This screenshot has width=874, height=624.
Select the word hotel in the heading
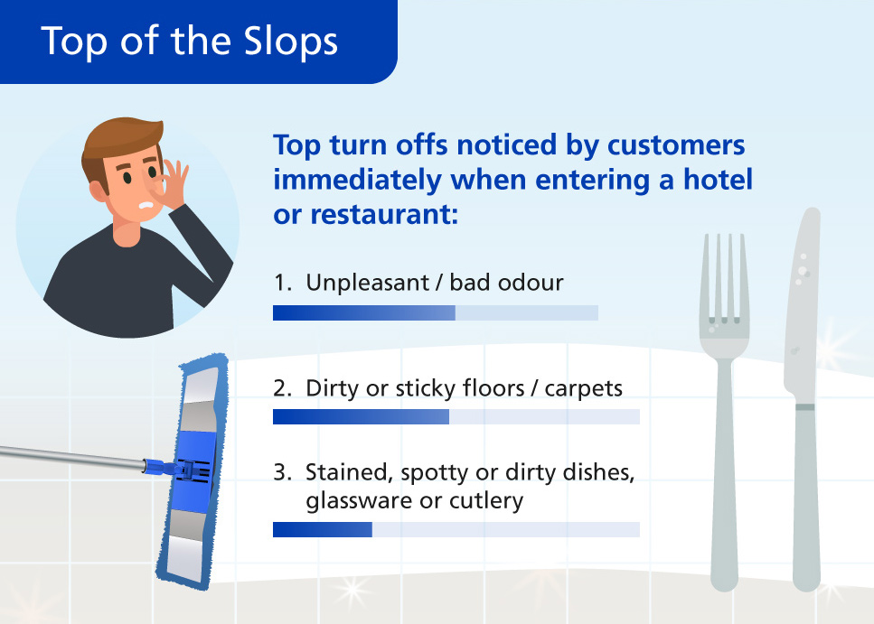[718, 180]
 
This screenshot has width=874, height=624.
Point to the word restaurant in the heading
[384, 214]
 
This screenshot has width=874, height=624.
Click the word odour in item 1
[531, 283]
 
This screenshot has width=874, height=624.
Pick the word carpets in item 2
[584, 389]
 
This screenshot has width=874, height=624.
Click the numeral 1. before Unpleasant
[283, 283]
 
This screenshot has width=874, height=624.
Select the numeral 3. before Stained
[283, 472]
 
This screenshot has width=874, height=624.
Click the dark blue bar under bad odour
[364, 312]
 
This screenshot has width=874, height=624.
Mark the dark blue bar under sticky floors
[362, 416]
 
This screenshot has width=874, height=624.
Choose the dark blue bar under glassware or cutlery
[323, 530]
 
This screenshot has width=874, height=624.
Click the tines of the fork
[724, 278]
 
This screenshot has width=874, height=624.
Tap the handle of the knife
[806, 497]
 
